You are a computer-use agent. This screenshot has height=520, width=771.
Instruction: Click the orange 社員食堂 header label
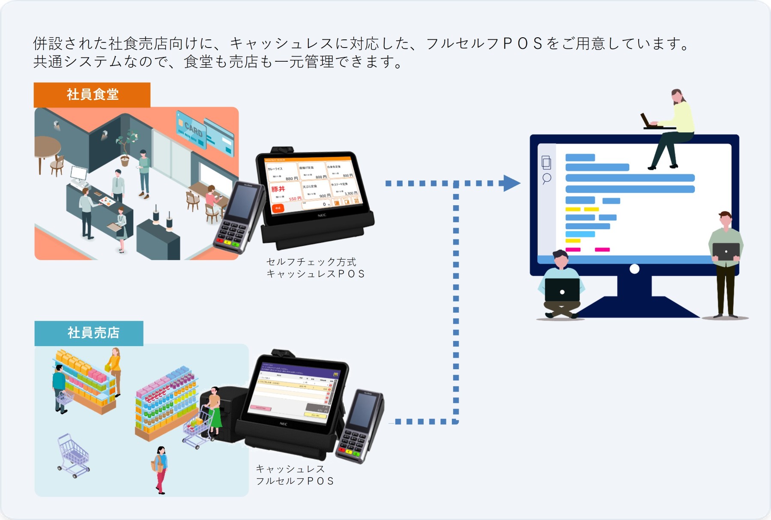(x=92, y=95)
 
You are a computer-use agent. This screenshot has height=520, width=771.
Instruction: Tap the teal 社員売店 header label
(x=89, y=333)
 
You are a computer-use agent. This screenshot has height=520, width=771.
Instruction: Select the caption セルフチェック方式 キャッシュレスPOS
(x=315, y=268)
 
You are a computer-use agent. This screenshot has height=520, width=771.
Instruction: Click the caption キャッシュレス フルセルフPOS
(x=295, y=475)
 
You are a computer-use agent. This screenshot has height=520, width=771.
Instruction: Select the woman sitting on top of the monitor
(x=672, y=129)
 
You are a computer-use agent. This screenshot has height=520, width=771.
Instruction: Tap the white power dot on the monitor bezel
(x=634, y=269)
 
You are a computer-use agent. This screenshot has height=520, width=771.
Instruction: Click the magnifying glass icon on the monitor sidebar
(x=547, y=178)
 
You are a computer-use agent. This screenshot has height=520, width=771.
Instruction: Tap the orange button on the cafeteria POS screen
(x=278, y=208)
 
